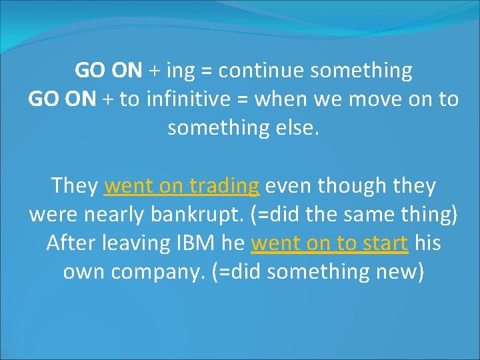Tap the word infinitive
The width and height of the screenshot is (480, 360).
(x=189, y=99)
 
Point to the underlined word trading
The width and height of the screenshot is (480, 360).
(x=223, y=186)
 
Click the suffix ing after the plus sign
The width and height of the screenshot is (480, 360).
(x=178, y=71)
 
